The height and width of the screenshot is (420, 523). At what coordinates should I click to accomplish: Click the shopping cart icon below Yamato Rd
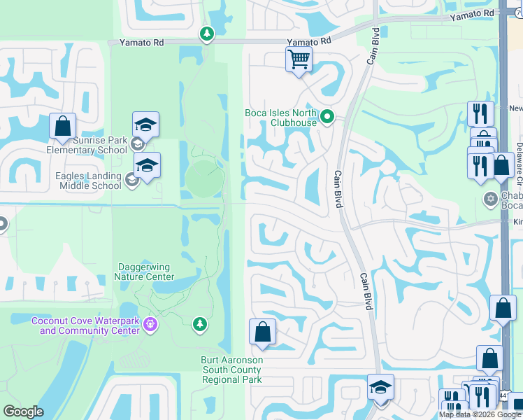[x=299, y=59]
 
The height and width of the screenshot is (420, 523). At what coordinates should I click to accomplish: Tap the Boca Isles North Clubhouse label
[x=280, y=118]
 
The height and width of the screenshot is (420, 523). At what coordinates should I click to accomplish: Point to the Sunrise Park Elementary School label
[x=87, y=145]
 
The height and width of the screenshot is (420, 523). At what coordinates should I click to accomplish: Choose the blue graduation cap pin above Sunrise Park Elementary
[x=145, y=125]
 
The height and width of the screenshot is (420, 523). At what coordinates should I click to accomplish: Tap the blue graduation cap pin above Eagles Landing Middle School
[x=147, y=166]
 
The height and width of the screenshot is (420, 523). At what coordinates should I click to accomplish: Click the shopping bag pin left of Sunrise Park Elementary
[x=62, y=126]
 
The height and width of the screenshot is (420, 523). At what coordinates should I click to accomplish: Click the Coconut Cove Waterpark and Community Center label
[x=85, y=325]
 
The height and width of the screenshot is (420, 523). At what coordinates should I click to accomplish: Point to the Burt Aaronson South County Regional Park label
[x=231, y=370]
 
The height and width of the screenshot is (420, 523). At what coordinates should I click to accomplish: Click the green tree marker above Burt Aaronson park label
[x=200, y=323]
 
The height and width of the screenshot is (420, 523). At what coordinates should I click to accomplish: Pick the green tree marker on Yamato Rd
[x=206, y=34]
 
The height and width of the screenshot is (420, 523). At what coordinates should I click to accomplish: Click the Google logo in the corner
[x=23, y=412]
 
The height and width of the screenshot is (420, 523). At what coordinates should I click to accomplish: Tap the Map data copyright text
[x=480, y=414]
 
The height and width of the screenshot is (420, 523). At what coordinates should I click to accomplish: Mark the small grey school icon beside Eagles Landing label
[x=130, y=181]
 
